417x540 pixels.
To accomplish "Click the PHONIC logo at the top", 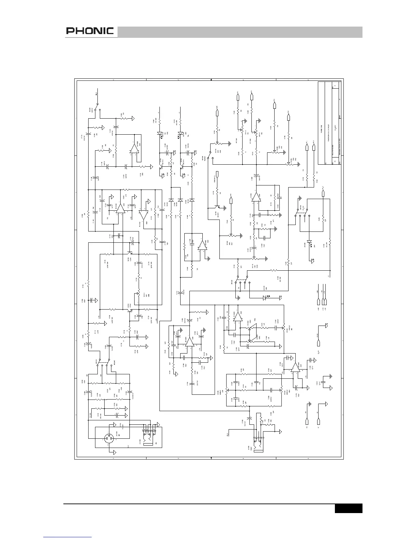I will pos(90,31).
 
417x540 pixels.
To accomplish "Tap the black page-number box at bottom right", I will pos(348,508).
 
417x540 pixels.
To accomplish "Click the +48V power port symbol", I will pos(318,302).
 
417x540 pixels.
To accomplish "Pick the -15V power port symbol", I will pos(326,302).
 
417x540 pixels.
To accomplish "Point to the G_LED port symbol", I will pos(323,194).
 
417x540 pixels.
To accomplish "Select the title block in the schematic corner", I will pos(329,123).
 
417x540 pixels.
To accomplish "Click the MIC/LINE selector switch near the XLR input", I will pos(103,365).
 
